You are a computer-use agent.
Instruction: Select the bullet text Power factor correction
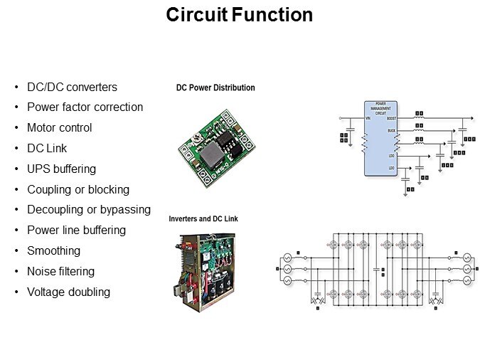pyautogui.click(x=85, y=107)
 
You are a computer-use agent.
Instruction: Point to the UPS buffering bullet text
pyautogui.click(x=61, y=169)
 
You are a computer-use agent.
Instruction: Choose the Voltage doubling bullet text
pyautogui.click(x=68, y=292)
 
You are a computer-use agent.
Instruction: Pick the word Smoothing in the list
pyautogui.click(x=53, y=250)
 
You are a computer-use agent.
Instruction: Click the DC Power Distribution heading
pyautogui.click(x=215, y=88)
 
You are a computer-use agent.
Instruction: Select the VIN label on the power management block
pyautogui.click(x=368, y=118)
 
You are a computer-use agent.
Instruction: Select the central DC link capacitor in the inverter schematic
pyautogui.click(x=375, y=269)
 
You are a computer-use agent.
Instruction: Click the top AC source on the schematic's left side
pyautogui.click(x=289, y=257)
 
